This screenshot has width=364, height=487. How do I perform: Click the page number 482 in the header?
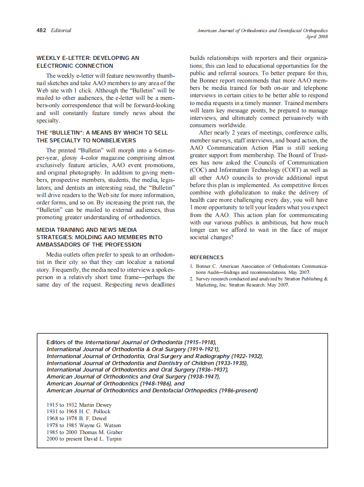(x=42, y=30)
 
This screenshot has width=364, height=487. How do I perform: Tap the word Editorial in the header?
(x=61, y=30)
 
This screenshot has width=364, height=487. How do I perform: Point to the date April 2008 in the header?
(x=317, y=37)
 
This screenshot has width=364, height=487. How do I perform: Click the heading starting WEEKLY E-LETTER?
(x=88, y=58)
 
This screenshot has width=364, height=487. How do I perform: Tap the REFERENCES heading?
(x=206, y=257)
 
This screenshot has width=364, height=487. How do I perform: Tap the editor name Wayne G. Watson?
(x=100, y=425)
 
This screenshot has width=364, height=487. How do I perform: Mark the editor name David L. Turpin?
(x=106, y=439)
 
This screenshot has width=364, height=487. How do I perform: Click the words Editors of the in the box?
(x=65, y=342)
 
